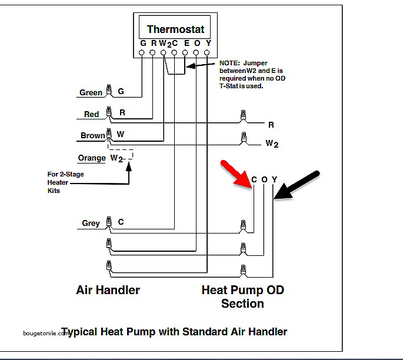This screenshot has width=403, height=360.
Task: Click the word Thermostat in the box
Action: point(175,29)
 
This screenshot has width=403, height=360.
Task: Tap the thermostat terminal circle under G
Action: point(142,53)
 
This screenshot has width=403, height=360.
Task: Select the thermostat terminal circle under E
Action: point(185,53)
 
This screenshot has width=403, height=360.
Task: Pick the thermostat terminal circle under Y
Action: point(207,53)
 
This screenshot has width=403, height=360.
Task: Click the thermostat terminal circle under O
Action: point(196,53)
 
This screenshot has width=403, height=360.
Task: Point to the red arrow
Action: point(237,175)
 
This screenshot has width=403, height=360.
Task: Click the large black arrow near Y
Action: point(296,185)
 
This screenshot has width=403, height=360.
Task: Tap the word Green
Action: point(91,92)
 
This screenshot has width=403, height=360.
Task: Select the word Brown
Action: point(92,135)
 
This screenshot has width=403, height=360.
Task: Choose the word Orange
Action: point(92,158)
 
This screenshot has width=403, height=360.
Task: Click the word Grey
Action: point(91,223)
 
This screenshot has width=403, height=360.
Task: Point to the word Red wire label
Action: point(91,114)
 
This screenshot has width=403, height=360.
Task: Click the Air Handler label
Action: point(108,290)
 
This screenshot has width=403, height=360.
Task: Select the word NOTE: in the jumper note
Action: point(229,63)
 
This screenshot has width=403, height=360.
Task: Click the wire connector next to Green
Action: point(109,90)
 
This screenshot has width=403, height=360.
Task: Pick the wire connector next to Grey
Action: point(109,222)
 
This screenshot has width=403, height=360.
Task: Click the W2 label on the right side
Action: point(272,144)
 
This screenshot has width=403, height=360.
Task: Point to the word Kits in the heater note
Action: point(54,191)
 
